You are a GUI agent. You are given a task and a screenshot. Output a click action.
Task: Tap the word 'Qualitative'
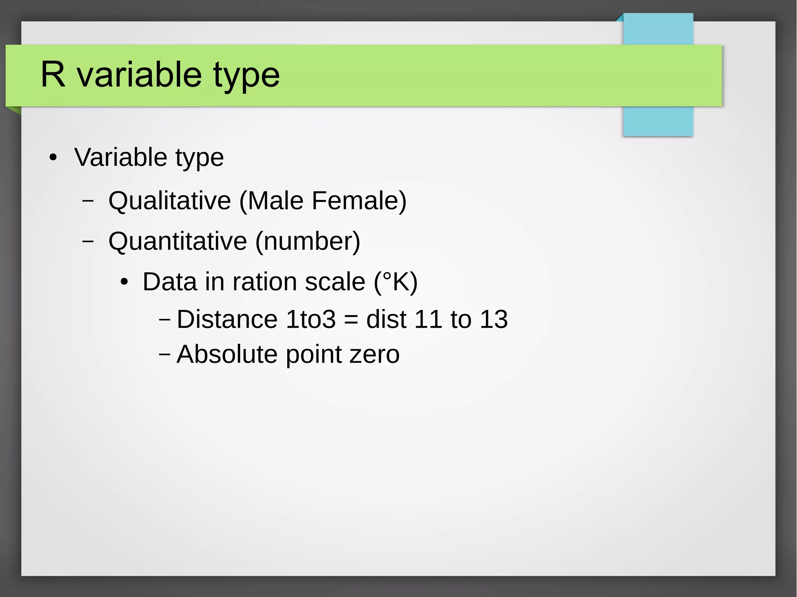(x=170, y=201)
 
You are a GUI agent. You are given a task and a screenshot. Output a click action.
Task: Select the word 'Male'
(x=275, y=201)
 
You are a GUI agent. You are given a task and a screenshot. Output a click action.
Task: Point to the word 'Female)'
(x=359, y=201)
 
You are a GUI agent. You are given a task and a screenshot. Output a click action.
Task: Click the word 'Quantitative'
(x=177, y=241)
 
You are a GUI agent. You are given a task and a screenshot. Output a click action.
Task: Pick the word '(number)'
(x=307, y=241)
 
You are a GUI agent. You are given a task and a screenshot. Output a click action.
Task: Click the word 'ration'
(x=265, y=282)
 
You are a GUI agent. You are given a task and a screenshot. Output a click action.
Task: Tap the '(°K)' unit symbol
(x=395, y=282)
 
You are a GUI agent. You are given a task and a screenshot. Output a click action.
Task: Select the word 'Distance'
(x=227, y=319)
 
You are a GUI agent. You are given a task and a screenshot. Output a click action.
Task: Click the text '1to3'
(x=311, y=319)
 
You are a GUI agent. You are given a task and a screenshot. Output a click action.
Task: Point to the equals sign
(x=351, y=320)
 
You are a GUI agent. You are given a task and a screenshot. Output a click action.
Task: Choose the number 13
(x=493, y=319)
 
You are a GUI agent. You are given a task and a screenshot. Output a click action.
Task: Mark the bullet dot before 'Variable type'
(x=53, y=158)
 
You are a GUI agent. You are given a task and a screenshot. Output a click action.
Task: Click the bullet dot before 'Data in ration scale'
(x=124, y=282)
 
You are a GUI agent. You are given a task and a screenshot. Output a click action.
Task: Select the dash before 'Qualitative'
(x=88, y=201)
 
